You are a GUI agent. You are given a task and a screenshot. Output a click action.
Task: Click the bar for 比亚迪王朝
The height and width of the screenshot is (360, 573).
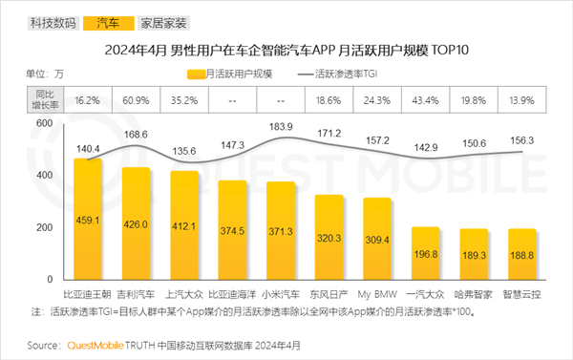(x=88, y=220)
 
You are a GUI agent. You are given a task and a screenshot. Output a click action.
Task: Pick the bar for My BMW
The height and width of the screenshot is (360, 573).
(x=377, y=239)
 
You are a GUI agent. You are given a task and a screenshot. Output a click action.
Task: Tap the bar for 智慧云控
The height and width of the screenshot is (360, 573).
(x=521, y=254)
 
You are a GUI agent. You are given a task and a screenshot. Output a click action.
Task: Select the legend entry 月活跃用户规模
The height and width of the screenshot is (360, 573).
(x=234, y=74)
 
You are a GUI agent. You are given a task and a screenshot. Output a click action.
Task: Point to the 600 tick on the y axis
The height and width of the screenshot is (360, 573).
(x=44, y=124)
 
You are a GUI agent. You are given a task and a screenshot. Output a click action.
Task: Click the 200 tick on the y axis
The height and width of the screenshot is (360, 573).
(x=44, y=228)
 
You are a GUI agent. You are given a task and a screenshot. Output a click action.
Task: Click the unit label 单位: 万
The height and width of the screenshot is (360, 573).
(x=44, y=74)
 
